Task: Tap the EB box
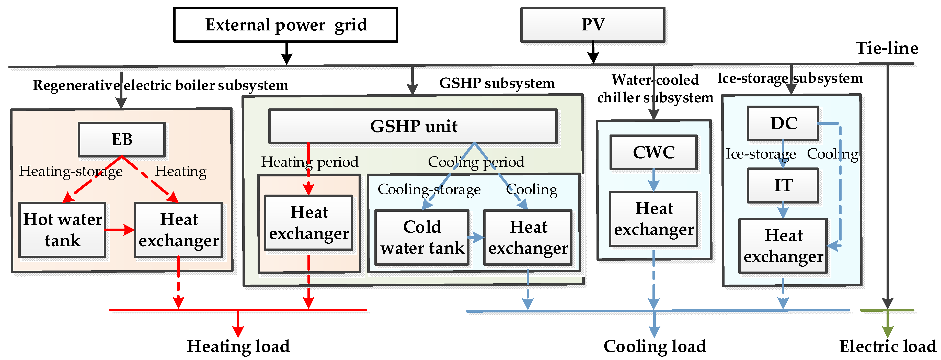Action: pos(122,140)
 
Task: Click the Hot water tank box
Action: pos(62,230)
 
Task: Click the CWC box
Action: pos(653,152)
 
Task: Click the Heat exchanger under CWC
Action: pos(653,219)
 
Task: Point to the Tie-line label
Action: pos(887,48)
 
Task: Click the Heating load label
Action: pos(238,346)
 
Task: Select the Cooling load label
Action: pos(655,346)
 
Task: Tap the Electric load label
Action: pos(888,346)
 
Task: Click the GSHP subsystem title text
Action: pos(497,83)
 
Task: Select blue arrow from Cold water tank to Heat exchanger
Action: pos(476,238)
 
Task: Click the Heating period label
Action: pos(309,162)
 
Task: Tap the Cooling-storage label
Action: pos(429,189)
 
